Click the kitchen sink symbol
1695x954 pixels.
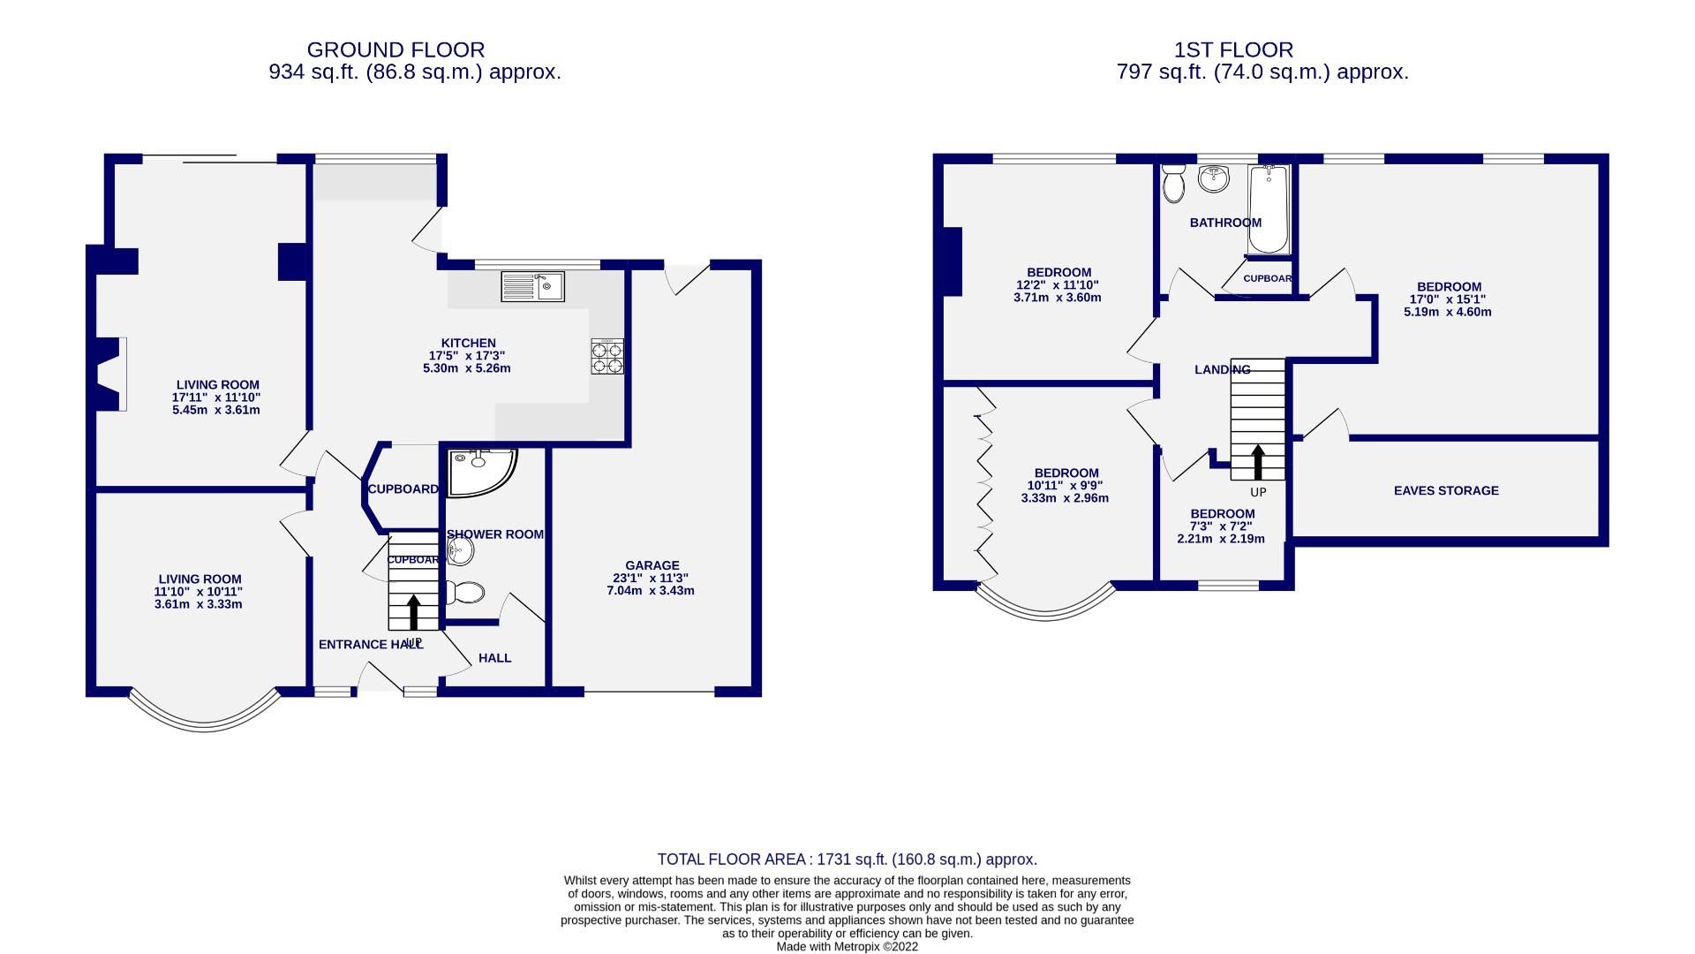[533, 286]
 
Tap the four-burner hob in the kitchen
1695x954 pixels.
[606, 356]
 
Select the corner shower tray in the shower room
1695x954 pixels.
[478, 471]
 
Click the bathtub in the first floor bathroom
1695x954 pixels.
[1269, 209]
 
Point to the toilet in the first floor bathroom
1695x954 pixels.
[1173, 184]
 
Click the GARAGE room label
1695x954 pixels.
[652, 565]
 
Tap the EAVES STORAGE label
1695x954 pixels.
[1445, 490]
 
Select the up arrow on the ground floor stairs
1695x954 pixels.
[412, 612]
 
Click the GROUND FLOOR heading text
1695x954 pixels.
[395, 49]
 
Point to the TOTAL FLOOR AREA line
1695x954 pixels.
[847, 859]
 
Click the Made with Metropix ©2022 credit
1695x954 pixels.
[847, 946]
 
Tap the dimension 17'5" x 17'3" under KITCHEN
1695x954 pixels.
[467, 356]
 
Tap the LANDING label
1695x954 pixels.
[1222, 369]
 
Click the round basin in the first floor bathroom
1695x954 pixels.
[1214, 179]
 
